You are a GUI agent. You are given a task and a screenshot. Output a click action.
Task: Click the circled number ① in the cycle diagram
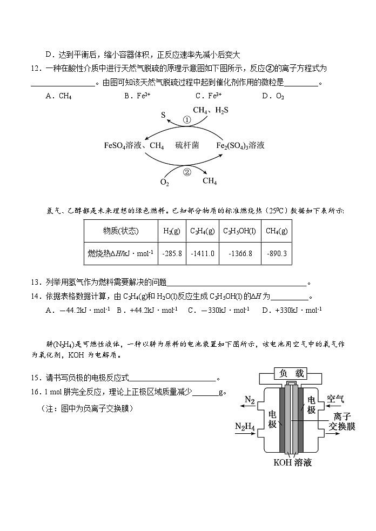(186, 120)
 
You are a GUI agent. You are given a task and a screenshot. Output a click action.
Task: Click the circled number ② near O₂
(187, 172)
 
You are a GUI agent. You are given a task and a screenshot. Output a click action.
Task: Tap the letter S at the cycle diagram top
(163, 115)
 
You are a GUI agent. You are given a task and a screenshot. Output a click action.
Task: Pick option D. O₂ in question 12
(273, 96)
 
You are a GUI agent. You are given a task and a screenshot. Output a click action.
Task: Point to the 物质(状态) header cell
(120, 231)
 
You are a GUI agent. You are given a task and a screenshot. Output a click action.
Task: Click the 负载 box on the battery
(289, 373)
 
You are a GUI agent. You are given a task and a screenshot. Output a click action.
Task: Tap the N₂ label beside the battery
(249, 400)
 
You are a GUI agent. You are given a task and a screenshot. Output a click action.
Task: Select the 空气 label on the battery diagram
(335, 400)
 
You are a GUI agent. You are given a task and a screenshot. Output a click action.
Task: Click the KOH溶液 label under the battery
(292, 463)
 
